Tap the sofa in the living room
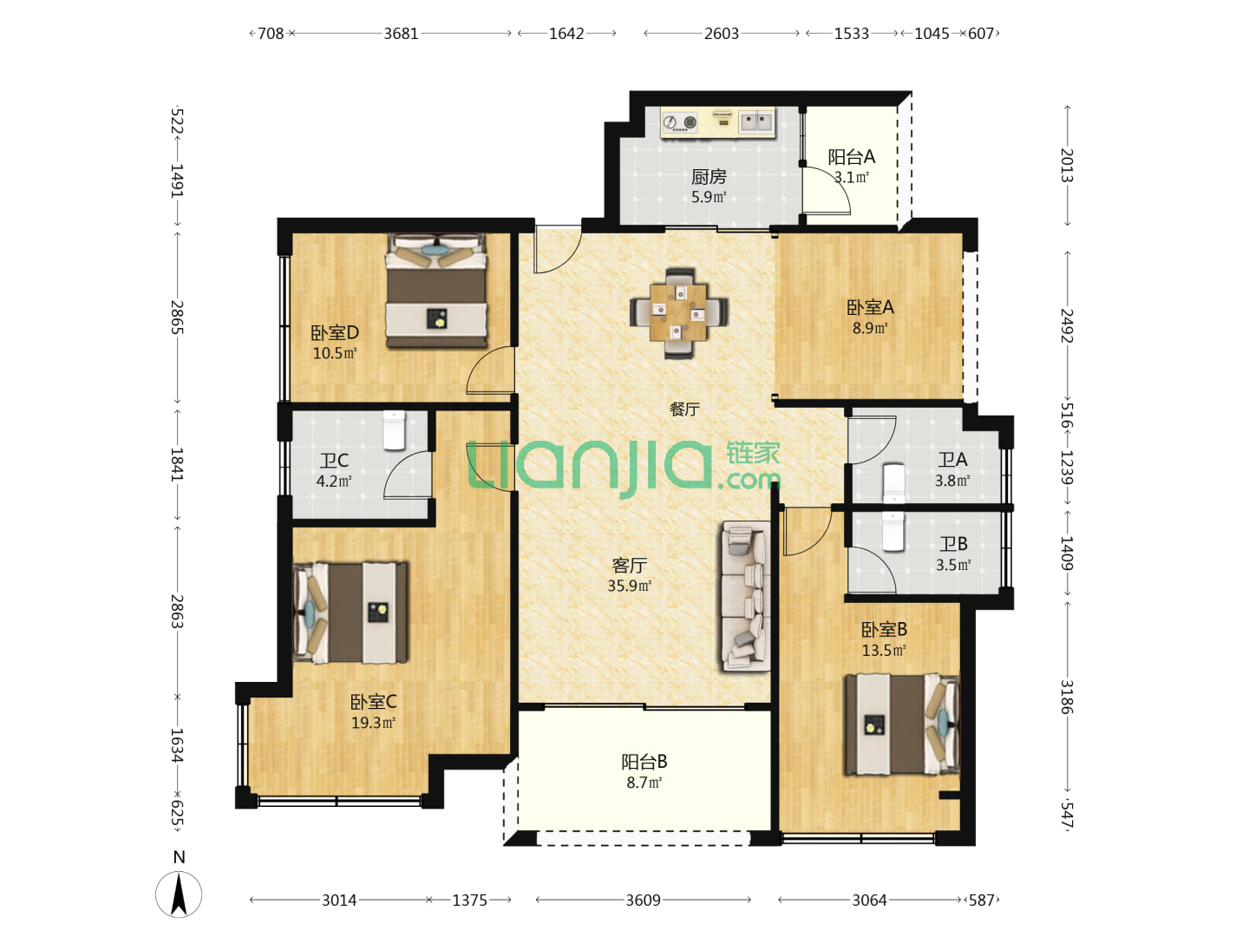pyautogui.click(x=745, y=596)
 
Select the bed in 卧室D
pyautogui.click(x=436, y=290)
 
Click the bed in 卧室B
pyautogui.click(x=902, y=724)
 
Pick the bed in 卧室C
pyautogui.click(x=350, y=613)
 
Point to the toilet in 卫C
pyautogui.click(x=394, y=430)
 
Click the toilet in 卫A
pyautogui.click(x=893, y=484)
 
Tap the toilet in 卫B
pyautogui.click(x=893, y=531)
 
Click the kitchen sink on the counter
pyautogui.click(x=756, y=121)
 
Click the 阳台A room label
pyautogui.click(x=851, y=156)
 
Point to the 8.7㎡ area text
pyautogui.click(x=644, y=783)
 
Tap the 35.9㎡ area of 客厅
pyautogui.click(x=629, y=586)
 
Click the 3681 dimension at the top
pyautogui.click(x=401, y=34)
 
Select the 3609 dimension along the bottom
pyautogui.click(x=643, y=900)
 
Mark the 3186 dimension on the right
pyautogui.click(x=1066, y=697)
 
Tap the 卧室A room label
pyautogui.click(x=870, y=307)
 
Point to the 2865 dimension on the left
pyautogui.click(x=177, y=318)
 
